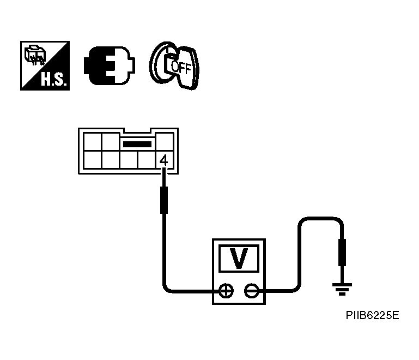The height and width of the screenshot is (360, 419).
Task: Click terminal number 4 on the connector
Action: point(163,160)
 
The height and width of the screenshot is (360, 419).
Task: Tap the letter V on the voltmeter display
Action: point(239,258)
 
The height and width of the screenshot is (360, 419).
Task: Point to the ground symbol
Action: point(342,289)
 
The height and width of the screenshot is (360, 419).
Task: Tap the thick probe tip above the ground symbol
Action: point(342,252)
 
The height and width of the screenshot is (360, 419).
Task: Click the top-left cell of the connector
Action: point(92,142)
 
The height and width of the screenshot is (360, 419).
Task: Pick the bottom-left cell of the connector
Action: point(92,160)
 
